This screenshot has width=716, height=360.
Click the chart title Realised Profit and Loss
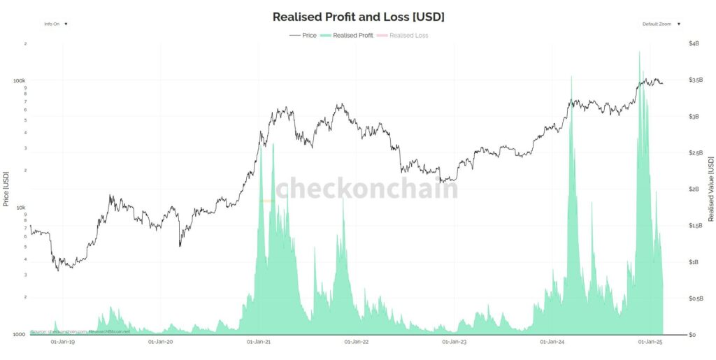[x=358, y=16]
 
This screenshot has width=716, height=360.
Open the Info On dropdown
[x=56, y=24]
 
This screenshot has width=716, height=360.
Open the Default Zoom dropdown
[x=661, y=24]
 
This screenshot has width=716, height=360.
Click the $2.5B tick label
[x=695, y=152]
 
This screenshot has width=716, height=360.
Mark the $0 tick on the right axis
[x=692, y=334]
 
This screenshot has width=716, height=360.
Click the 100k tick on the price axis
[x=20, y=80]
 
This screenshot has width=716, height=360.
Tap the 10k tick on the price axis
[x=21, y=208]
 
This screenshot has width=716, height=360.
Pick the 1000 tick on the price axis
[x=20, y=334]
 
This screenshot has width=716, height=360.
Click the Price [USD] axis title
[x=6, y=189]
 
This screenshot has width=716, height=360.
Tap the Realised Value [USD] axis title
[x=711, y=189]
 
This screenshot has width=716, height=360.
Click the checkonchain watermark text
[x=366, y=188]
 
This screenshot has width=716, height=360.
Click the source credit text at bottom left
[x=80, y=331]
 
